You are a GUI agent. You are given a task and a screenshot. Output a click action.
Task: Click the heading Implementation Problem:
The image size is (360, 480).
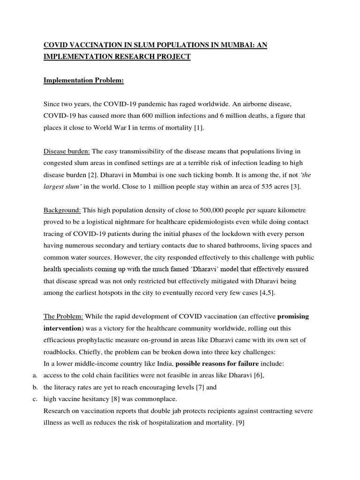(83, 80)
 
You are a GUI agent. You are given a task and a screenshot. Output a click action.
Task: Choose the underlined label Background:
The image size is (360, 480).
(62, 210)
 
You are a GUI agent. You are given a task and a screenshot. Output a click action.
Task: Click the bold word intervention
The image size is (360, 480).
(62, 328)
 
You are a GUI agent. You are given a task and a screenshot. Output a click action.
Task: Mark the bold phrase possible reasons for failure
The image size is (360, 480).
(217, 376)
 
